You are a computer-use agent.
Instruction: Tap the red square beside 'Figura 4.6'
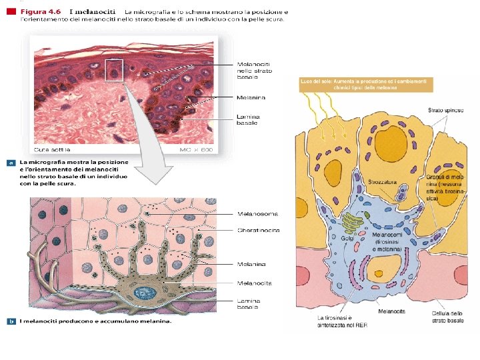point(11,12)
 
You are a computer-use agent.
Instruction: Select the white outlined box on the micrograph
point(114,69)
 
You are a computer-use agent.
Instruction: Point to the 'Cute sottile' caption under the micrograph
point(51,149)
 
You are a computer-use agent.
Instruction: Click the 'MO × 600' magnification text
point(197,149)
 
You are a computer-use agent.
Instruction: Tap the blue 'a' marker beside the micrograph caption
point(11,162)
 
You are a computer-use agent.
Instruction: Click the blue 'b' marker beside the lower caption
point(11,321)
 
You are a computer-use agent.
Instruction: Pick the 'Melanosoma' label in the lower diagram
point(257,214)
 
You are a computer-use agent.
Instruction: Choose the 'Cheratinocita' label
point(258,230)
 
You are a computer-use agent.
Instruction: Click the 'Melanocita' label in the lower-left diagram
point(254,283)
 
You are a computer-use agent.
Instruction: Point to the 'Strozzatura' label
point(382,181)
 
